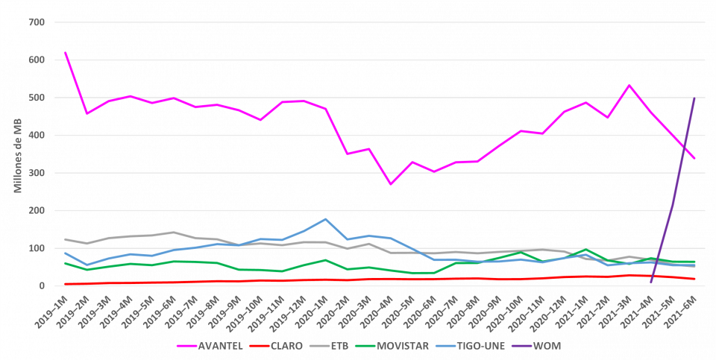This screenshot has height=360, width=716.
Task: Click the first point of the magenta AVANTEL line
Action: click(x=66, y=52)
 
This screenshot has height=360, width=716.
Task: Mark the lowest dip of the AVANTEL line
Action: click(x=390, y=184)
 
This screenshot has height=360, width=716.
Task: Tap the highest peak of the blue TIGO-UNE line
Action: click(x=325, y=219)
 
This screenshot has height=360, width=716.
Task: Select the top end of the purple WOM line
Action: click(x=695, y=97)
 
